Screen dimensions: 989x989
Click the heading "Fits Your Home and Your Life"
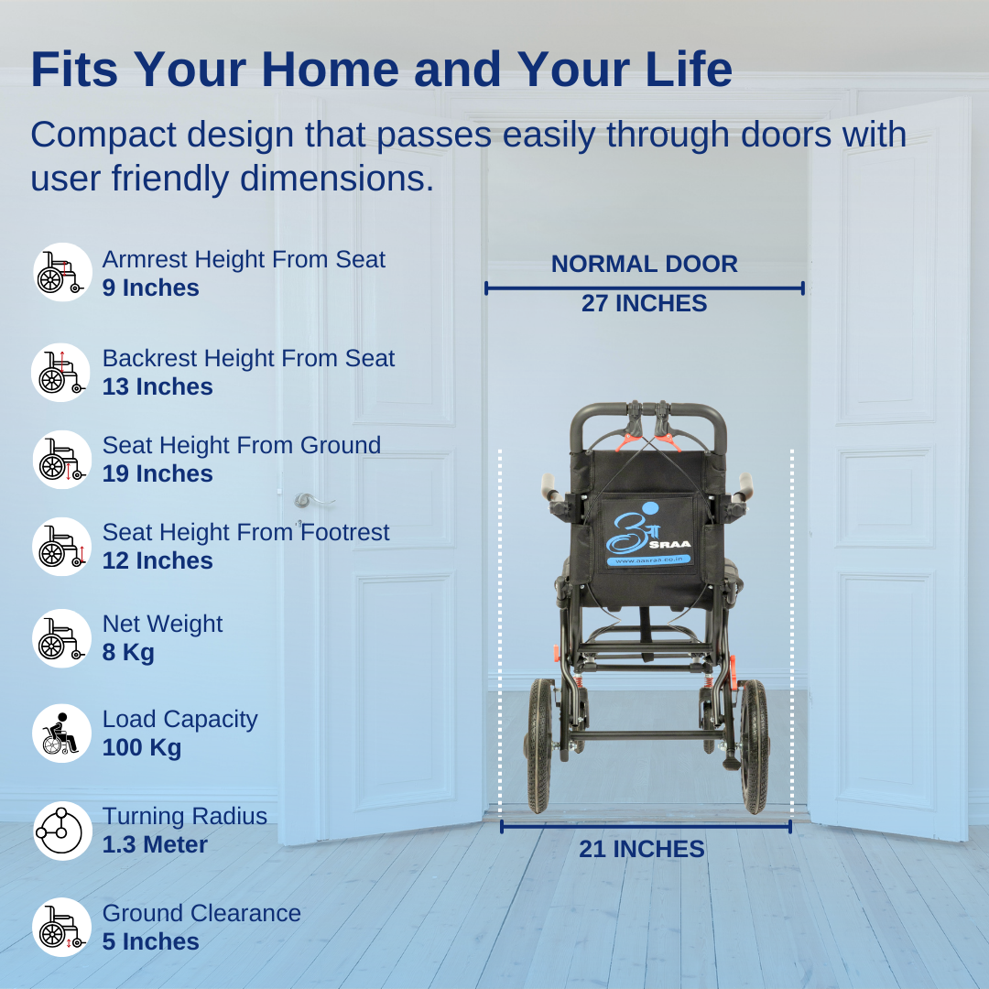point(381,70)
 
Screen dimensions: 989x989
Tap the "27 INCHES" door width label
point(644,303)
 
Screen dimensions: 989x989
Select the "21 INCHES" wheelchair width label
point(641,849)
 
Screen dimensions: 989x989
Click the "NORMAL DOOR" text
point(644,264)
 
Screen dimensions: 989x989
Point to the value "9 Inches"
point(150,288)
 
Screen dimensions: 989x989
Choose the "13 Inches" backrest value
point(158,386)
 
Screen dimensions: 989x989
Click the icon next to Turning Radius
point(62,831)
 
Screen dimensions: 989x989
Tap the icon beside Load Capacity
point(62,734)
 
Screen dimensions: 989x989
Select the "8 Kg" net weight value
point(128,652)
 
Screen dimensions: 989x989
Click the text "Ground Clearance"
point(201,913)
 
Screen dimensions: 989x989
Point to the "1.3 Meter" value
point(155,844)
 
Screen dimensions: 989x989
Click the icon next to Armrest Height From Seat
point(62,273)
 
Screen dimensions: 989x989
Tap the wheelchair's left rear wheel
point(541,745)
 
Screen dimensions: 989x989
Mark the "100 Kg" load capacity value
point(142,747)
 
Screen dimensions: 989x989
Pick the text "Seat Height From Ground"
point(242,445)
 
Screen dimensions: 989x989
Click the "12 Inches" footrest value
point(158,560)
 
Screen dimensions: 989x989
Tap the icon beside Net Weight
point(62,638)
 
